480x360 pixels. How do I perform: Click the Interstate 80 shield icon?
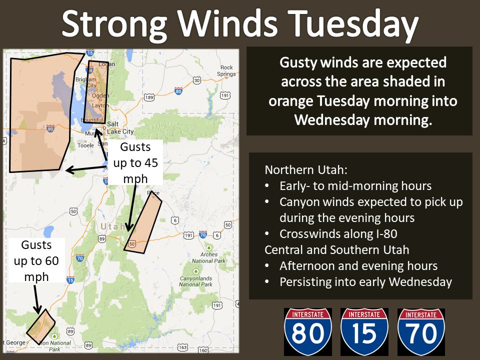pyautogui.click(x=308, y=331)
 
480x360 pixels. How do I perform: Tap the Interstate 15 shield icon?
pyautogui.click(x=364, y=331)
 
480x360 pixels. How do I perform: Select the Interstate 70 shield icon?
pyautogui.click(x=421, y=331)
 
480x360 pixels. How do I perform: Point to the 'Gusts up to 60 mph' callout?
pyautogui.click(x=36, y=260)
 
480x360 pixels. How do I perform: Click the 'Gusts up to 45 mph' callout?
pyautogui.click(x=135, y=162)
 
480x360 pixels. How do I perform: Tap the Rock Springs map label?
pyautogui.click(x=226, y=70)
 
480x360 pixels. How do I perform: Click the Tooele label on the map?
pyautogui.click(x=85, y=145)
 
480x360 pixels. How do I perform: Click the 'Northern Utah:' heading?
pyautogui.click(x=297, y=169)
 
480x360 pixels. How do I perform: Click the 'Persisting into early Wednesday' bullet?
pyautogui.click(x=365, y=281)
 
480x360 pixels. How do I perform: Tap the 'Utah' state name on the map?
pyautogui.click(x=113, y=226)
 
